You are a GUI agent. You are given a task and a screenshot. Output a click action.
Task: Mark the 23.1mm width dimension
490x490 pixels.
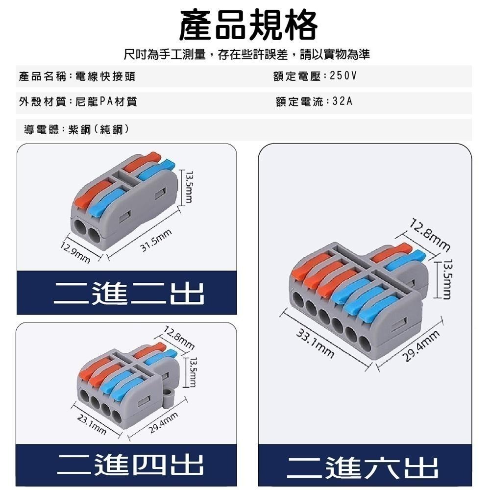(x=92, y=424)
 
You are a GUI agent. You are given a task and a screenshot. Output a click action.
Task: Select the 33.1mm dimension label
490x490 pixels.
(x=316, y=343)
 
